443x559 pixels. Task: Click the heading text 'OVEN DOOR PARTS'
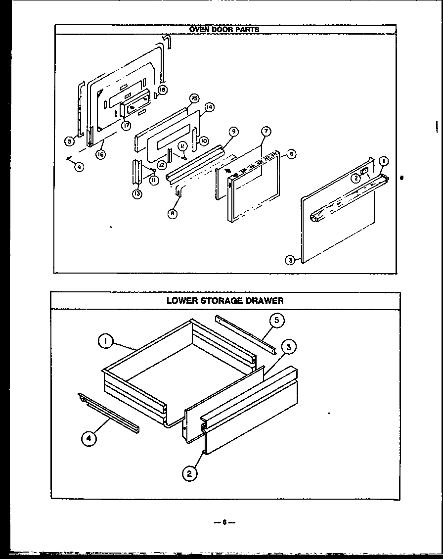coord(224,29)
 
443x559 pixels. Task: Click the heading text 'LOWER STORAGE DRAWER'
coord(224,300)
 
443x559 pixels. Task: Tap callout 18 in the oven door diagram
coord(163,90)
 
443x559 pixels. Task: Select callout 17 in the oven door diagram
coord(127,126)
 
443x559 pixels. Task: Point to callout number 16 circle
coord(100,154)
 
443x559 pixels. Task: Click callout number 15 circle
coord(194,99)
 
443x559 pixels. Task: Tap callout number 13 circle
coord(137,194)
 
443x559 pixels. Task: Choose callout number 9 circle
coord(233,132)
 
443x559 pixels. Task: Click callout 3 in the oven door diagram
coord(290,259)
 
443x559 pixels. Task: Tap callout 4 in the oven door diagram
coord(79,167)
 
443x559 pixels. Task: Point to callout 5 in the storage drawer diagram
coord(276,321)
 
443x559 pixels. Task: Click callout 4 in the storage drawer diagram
coord(88,438)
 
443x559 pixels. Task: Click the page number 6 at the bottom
coord(224,522)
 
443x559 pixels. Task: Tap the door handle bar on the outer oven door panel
coord(346,198)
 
